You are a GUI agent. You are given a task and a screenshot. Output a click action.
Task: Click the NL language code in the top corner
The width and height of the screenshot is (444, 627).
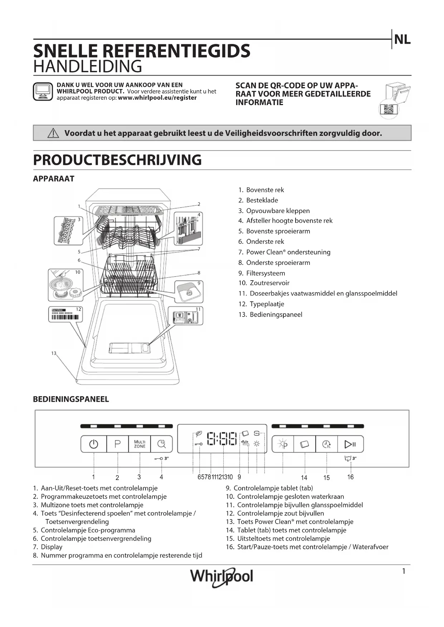click(x=402, y=40)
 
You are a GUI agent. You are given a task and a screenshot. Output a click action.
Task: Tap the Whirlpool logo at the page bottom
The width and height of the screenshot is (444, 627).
click(x=221, y=576)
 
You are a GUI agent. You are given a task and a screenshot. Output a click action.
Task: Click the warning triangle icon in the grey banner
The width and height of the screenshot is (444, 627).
click(x=53, y=133)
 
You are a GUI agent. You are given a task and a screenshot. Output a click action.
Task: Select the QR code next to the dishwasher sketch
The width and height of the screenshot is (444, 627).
click(x=388, y=109)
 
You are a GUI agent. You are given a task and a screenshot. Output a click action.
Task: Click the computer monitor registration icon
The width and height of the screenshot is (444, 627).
click(x=43, y=92)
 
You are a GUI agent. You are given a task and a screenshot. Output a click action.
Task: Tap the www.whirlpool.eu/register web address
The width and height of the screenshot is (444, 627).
click(x=157, y=98)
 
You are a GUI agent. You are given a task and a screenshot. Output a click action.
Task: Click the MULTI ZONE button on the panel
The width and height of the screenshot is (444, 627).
click(x=140, y=444)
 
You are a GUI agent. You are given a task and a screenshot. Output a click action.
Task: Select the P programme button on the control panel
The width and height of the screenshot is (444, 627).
click(x=117, y=444)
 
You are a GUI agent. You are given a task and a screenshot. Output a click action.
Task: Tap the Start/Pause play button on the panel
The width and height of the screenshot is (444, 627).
click(x=350, y=444)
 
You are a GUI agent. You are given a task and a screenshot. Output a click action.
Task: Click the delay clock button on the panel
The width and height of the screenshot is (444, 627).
click(x=327, y=444)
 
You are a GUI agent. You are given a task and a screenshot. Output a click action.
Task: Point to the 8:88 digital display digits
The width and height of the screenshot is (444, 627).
click(x=222, y=439)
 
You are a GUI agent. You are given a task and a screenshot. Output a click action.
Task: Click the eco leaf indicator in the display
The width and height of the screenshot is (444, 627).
click(x=199, y=434)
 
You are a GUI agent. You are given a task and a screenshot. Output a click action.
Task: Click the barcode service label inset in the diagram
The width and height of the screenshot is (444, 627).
click(x=65, y=314)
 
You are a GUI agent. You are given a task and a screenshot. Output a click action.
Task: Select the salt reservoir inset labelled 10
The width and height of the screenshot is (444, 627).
click(x=65, y=285)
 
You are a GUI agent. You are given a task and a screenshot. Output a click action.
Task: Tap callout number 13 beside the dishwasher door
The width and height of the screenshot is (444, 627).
click(x=54, y=353)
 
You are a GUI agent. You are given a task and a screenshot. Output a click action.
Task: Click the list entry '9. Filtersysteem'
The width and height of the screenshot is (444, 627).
click(x=262, y=273)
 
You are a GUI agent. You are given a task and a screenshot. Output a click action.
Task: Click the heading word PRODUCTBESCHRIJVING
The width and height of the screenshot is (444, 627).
click(x=117, y=160)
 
